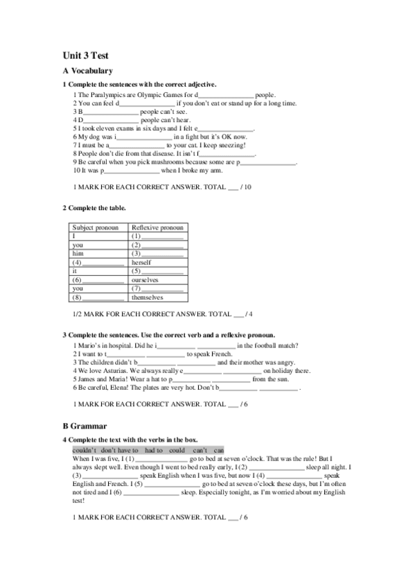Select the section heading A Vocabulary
(x=87, y=71)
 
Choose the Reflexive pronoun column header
(x=157, y=227)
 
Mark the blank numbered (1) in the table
(x=157, y=236)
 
